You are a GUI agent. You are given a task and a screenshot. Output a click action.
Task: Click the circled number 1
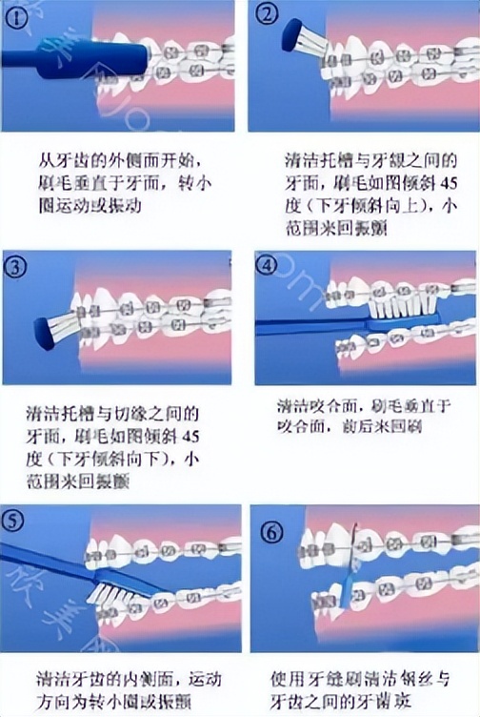(16, 15)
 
